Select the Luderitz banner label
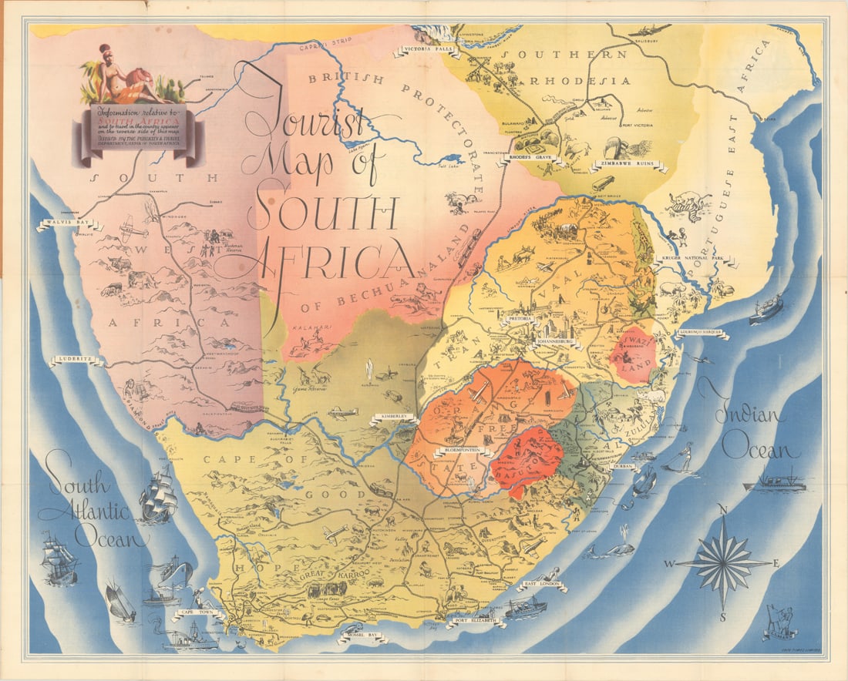pyautogui.click(x=76, y=360)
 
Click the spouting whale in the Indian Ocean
pyautogui.click(x=611, y=548)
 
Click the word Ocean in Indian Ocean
pyautogui.click(x=753, y=449)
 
